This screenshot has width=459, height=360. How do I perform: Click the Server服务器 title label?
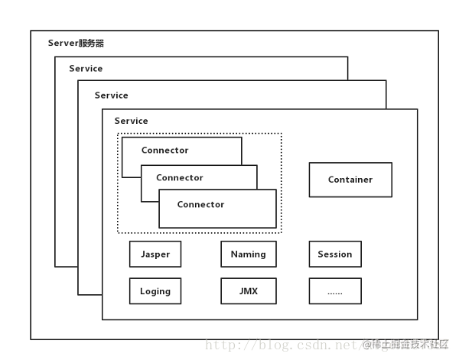click(76, 44)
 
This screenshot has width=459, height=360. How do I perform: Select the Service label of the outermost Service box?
click(86, 69)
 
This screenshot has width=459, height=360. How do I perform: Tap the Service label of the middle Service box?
click(111, 96)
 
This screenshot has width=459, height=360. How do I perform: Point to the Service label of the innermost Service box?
click(131, 121)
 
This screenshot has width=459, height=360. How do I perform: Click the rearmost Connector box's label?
click(164, 151)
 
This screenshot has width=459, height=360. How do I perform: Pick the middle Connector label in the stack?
click(180, 177)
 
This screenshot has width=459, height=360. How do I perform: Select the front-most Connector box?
click(217, 209)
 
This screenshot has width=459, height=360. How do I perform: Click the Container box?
click(350, 180)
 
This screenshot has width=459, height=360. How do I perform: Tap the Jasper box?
click(155, 254)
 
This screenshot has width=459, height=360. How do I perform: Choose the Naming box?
click(249, 254)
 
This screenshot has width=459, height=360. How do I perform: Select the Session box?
click(335, 254)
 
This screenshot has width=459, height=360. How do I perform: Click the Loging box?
click(155, 291)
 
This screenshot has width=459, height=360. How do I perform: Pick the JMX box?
click(249, 291)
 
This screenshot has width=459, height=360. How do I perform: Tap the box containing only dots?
click(335, 291)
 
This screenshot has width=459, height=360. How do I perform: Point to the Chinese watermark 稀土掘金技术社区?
click(405, 345)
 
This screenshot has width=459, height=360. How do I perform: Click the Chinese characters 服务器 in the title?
click(91, 44)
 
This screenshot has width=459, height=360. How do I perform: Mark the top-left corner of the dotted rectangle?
click(117, 134)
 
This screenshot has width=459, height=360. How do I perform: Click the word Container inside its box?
click(350, 180)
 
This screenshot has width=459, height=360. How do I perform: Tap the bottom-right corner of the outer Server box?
click(439, 339)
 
